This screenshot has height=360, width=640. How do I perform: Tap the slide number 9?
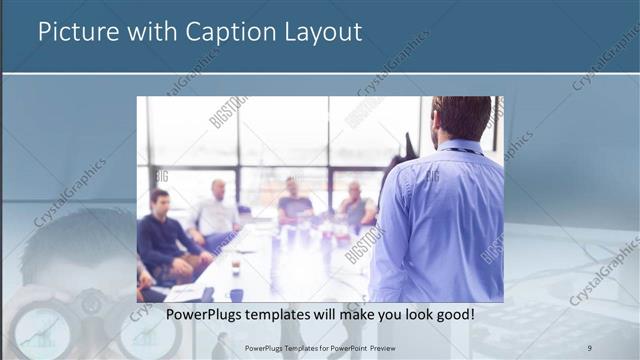click(x=590, y=347)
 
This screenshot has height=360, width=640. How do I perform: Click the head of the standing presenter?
click(x=461, y=118)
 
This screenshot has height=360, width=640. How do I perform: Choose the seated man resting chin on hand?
click(x=355, y=206)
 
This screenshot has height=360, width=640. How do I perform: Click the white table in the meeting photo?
click(x=290, y=270)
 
